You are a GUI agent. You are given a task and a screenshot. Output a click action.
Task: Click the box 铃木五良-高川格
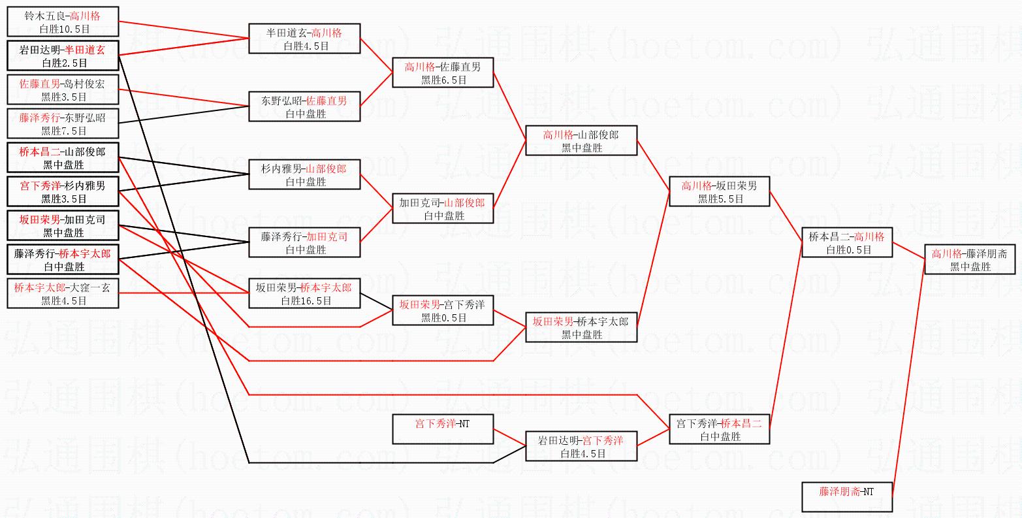click(63, 22)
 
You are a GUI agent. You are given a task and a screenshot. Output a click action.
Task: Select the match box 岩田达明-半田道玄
click(63, 56)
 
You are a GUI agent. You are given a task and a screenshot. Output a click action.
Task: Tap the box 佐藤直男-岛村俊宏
click(63, 89)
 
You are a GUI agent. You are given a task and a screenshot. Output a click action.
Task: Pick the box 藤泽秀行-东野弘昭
click(63, 123)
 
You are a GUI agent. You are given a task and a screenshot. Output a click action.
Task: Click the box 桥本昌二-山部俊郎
click(63, 157)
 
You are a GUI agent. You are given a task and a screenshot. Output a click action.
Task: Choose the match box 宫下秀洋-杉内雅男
click(63, 191)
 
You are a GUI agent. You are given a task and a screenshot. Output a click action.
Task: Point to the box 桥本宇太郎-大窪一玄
click(63, 293)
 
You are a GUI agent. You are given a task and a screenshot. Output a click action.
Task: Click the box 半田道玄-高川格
click(304, 39)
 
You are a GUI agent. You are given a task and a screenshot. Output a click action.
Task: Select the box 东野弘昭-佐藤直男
click(304, 106)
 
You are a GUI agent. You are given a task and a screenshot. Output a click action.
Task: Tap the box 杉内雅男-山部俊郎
click(304, 174)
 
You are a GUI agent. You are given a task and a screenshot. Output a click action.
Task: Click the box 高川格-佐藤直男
click(443, 73)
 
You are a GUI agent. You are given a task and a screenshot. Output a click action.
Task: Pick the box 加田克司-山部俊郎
click(443, 208)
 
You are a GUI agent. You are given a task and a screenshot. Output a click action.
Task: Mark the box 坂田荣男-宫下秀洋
click(443, 310)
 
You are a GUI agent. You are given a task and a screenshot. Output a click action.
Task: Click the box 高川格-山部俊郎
click(581, 140)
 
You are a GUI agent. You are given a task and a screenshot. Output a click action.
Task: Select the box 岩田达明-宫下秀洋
click(581, 446)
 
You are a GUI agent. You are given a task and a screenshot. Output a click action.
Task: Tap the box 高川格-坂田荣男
click(719, 191)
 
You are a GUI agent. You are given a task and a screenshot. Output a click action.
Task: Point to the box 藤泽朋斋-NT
click(847, 497)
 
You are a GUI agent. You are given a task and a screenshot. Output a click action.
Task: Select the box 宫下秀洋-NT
click(443, 429)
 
